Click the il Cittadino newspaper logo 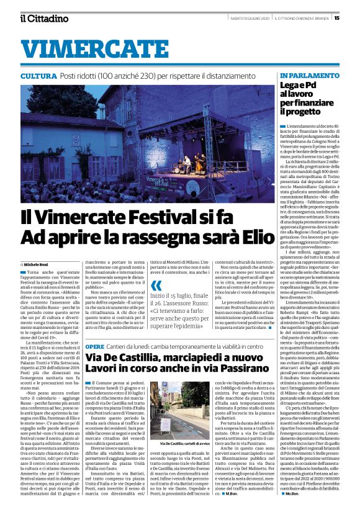pyautogui.click(x=44, y=18)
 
